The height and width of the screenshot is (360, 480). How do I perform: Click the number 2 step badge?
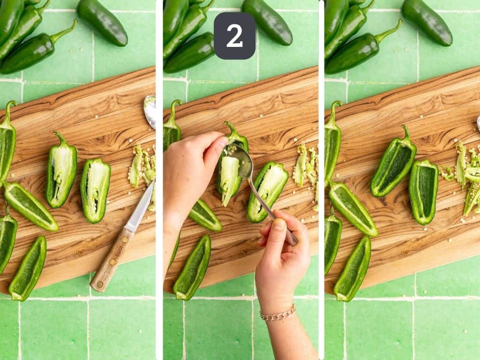pyautogui.click(x=234, y=36)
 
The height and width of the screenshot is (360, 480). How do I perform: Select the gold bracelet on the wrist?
pyautogui.click(x=278, y=314)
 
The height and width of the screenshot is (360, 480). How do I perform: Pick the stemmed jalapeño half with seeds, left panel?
pyautogui.click(x=61, y=171)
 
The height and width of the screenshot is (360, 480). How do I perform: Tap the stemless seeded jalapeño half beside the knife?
pyautogui.click(x=95, y=190)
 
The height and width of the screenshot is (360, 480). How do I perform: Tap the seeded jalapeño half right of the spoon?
pyautogui.click(x=268, y=191)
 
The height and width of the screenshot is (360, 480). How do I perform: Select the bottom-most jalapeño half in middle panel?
pyautogui.click(x=193, y=267)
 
